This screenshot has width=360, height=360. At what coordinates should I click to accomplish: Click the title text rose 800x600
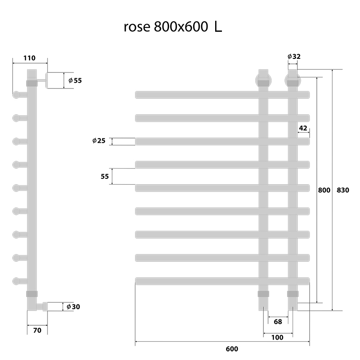(x=166, y=27)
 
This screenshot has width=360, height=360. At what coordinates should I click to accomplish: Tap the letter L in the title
(x=218, y=27)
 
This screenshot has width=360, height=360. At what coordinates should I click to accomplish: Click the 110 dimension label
(x=29, y=58)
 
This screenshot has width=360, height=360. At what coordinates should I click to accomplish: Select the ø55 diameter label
(x=75, y=80)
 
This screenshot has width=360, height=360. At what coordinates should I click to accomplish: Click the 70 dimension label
(x=37, y=330)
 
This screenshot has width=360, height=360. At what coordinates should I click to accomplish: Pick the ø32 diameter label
(x=294, y=56)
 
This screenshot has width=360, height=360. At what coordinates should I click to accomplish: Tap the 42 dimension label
(x=303, y=127)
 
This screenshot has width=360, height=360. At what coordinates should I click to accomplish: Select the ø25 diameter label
(x=99, y=141)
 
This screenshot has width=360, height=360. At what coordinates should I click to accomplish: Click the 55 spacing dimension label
(x=105, y=176)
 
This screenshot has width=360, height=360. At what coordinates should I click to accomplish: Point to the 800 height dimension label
(x=324, y=190)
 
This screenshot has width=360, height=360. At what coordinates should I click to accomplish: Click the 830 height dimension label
(x=343, y=190)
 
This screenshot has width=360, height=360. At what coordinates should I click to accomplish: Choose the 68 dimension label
(x=278, y=321)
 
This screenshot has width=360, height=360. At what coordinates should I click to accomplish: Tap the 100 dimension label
(x=278, y=337)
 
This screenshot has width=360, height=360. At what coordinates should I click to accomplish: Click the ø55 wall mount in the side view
(x=55, y=80)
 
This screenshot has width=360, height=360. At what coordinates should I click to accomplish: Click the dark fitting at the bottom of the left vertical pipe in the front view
(x=263, y=294)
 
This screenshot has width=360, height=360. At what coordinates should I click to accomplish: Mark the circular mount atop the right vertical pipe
(x=292, y=79)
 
